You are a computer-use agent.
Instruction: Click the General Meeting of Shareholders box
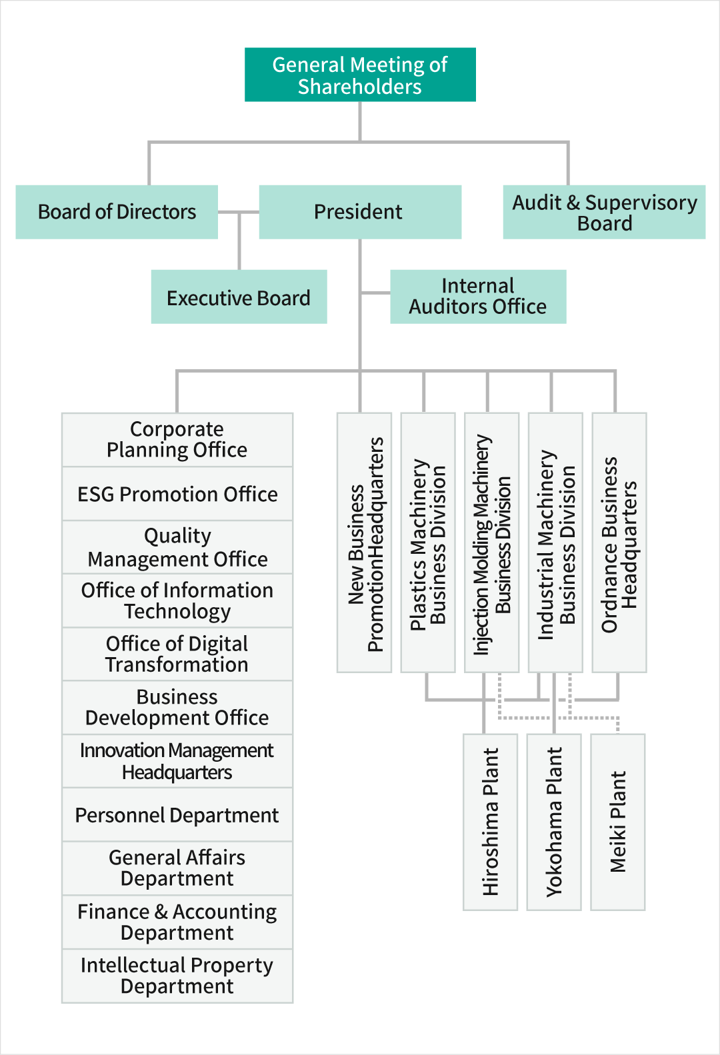coord(360,75)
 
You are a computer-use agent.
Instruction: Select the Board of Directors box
coord(117,212)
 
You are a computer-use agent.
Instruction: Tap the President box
coord(360,212)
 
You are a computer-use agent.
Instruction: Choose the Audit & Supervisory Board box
coord(604,212)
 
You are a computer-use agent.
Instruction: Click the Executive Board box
coord(239,297)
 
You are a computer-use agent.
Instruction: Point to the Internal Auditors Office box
coord(478,297)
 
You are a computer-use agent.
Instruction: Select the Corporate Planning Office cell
coord(177,440)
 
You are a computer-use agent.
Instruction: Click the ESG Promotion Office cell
coord(177,494)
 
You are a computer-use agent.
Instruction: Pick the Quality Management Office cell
coord(177,547)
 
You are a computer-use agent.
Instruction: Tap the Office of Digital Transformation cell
coord(177,654)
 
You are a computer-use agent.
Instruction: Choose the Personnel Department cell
coord(177,815)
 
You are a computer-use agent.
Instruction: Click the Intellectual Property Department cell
coord(177,976)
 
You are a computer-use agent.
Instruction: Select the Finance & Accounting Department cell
coord(177,922)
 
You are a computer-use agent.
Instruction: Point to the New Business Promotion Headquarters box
coord(364,542)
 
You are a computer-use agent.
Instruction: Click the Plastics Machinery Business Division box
coord(428,542)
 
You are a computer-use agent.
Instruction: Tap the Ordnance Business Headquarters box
coord(619,542)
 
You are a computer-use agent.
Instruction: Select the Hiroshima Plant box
coord(490,822)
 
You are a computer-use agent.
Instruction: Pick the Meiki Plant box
coord(618,822)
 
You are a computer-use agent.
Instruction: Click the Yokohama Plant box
coord(553,822)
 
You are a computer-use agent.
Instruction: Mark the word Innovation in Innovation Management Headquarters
coord(123,750)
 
